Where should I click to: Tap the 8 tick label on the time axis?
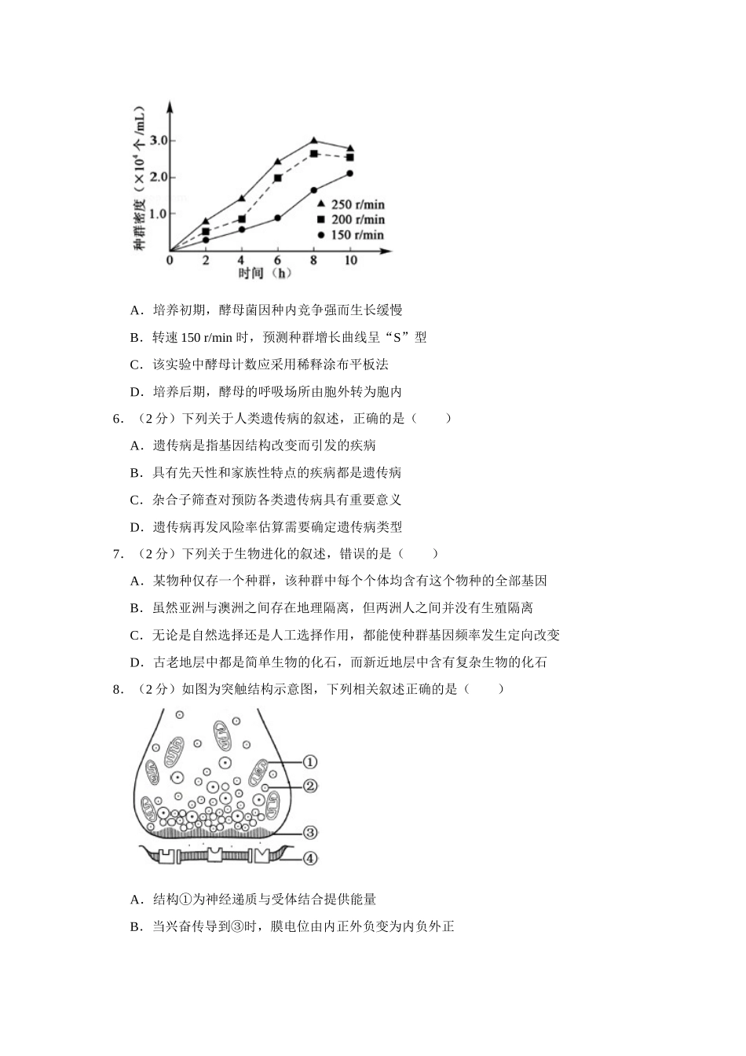pos(313,260)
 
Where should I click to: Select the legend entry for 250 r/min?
pos(351,205)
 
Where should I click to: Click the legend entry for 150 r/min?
pos(351,235)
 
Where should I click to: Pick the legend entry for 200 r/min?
pos(351,220)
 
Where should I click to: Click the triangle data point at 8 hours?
pos(313,141)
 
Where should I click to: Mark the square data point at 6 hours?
pos(277,178)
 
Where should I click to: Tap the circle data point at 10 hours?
pos(349,174)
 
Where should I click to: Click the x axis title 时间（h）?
pos(265,273)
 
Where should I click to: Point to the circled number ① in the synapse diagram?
pos(309,761)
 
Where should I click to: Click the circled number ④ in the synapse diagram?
pos(310,859)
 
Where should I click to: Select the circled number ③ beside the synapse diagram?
pos(309,833)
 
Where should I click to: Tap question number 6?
pos(118,419)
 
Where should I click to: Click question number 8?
pos(118,690)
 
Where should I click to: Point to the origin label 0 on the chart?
pos(170,260)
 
